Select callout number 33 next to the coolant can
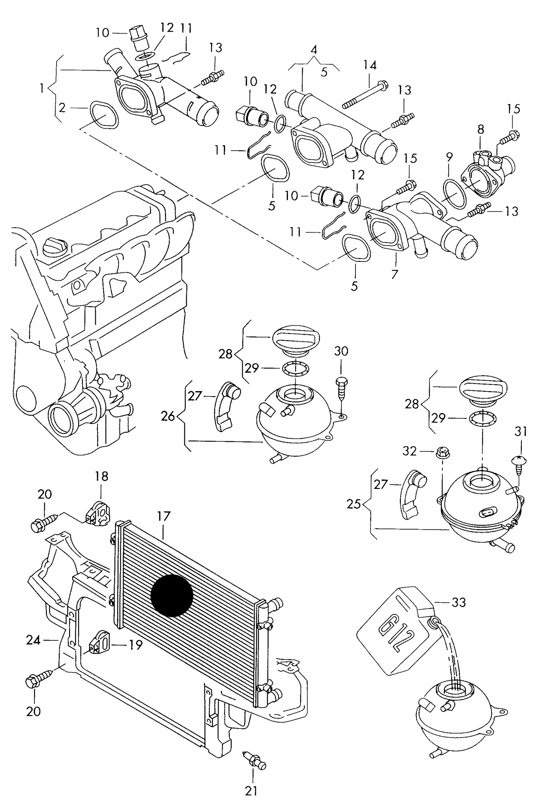tap(459, 602)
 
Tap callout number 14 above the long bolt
tap(370, 65)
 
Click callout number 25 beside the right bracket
tap(354, 504)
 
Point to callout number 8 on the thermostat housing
tap(480, 130)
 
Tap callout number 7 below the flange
tap(394, 274)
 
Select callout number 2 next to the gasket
tap(62, 108)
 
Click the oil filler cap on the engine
tap(55, 246)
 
